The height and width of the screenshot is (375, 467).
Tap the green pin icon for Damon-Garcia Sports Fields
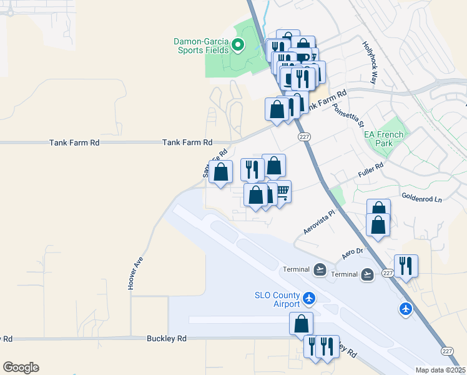click(237, 44)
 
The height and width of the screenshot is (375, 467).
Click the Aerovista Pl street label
click(319, 221)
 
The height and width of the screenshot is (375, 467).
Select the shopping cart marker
click(283, 191)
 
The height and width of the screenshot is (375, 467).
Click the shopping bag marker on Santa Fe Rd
click(221, 172)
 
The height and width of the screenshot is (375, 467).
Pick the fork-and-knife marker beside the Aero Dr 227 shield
click(406, 265)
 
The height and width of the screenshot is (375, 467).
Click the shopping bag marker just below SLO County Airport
click(302, 323)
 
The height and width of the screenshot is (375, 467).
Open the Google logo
click(21, 367)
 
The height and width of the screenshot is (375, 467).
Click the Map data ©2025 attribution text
click(441, 370)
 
